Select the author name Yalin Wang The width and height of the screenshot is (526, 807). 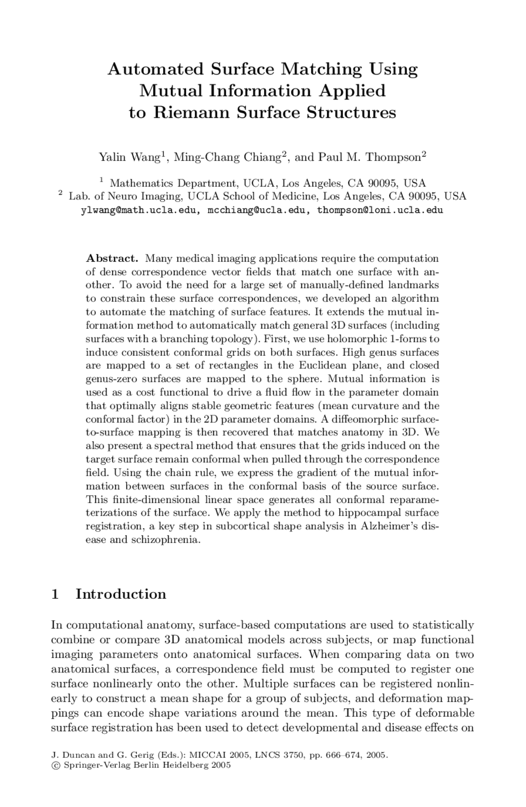click(x=129, y=157)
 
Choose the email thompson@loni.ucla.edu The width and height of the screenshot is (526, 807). click(x=380, y=210)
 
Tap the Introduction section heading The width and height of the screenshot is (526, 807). click(x=121, y=594)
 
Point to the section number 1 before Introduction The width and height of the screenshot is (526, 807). click(x=55, y=594)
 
